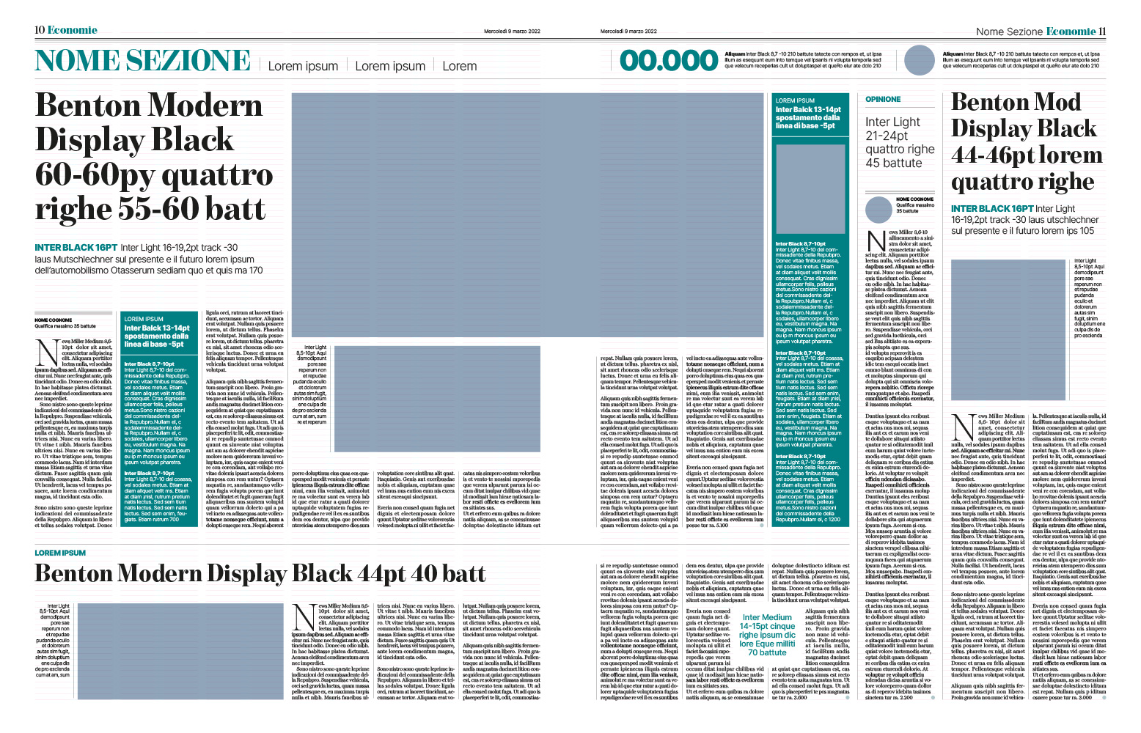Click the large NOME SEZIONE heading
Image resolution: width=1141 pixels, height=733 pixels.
tap(143, 61)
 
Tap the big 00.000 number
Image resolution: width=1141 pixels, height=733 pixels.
tap(669, 61)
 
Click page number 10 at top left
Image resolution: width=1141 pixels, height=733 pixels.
tap(40, 30)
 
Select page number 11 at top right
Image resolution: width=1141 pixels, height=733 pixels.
tap(1102, 32)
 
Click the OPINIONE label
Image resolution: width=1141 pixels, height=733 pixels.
tap(883, 99)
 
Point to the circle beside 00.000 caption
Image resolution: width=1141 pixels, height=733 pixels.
tap(920, 60)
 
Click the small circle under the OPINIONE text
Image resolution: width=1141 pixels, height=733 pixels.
tap(878, 210)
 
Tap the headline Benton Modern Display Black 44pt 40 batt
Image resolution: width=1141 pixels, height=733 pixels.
tap(260, 573)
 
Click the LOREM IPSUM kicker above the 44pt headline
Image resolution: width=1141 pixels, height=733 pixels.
tap(60, 553)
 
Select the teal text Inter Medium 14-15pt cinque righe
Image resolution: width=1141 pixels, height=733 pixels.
tap(767, 635)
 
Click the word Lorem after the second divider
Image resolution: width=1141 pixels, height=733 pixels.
tap(459, 66)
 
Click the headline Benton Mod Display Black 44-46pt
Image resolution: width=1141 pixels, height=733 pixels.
tap(1027, 141)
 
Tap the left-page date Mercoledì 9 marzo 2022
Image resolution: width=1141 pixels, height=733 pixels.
tap(512, 32)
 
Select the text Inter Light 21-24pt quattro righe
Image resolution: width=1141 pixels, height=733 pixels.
tap(900, 142)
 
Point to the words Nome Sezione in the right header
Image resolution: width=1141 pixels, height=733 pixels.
tap(1008, 32)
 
